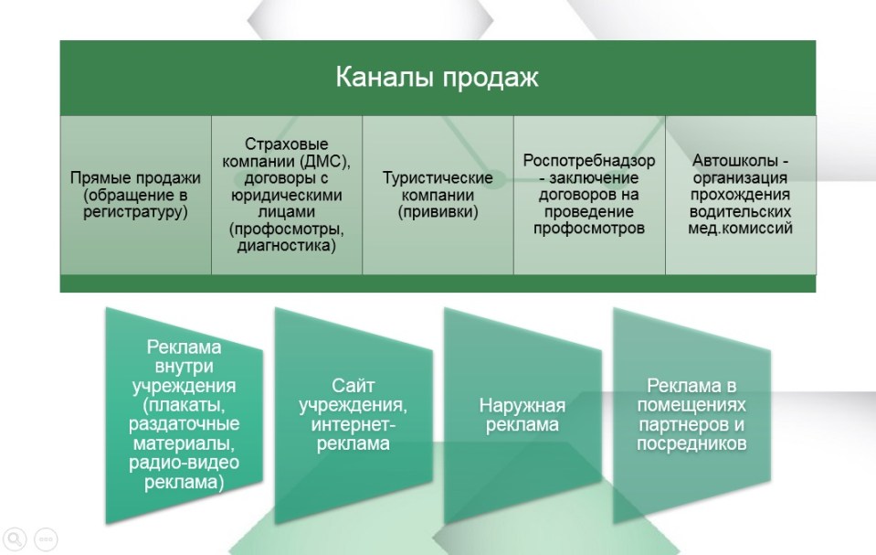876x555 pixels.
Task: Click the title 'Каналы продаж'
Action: coord(438,77)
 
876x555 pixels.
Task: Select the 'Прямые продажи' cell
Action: coord(134,194)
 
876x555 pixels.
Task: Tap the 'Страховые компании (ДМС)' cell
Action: coord(286,194)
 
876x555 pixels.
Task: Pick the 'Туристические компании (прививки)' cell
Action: coord(438,194)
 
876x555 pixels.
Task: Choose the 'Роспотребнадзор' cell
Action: coord(589,194)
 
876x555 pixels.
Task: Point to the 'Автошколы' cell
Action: coord(741,194)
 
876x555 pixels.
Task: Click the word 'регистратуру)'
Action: coord(134,212)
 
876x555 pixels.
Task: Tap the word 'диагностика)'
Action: coord(286,245)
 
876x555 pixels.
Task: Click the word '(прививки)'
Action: coord(438,212)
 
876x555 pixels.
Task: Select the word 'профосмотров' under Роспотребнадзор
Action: coord(589,228)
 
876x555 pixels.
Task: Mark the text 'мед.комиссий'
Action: coord(741,228)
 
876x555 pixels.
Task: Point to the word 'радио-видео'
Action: coord(184,464)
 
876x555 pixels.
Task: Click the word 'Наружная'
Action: coord(522,405)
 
